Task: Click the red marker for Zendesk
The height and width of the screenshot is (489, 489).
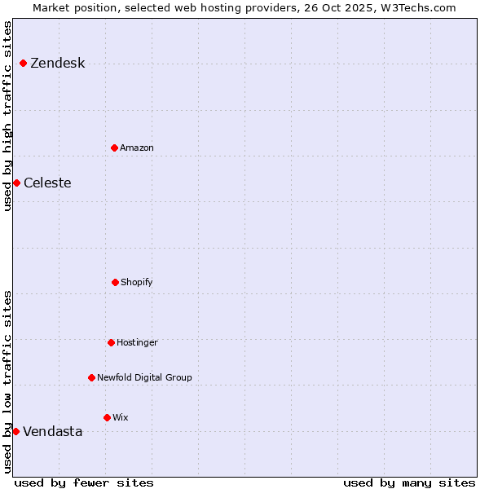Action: (23, 64)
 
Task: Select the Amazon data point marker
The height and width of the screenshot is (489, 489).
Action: (114, 148)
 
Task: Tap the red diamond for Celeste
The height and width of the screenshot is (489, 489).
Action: (16, 183)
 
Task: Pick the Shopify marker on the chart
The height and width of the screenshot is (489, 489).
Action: (115, 282)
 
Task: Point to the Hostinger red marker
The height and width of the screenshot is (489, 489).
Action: (111, 342)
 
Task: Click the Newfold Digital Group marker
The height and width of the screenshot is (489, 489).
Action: (91, 377)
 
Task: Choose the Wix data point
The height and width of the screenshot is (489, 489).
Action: (107, 417)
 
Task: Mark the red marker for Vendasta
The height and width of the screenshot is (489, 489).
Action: (15, 431)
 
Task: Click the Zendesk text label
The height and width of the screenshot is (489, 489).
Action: (57, 64)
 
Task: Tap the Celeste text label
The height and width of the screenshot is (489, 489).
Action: (47, 183)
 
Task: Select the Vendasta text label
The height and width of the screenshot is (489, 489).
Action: (52, 431)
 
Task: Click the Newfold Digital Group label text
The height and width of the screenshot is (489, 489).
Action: (144, 377)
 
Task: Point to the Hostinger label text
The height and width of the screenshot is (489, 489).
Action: (137, 342)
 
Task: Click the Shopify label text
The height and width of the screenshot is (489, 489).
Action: (136, 282)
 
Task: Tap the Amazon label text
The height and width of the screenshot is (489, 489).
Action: (136, 148)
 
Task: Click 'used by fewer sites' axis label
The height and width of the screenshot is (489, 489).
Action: (84, 482)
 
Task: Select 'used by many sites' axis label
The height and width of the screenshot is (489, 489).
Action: (409, 482)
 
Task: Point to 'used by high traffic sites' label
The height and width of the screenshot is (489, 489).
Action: (7, 116)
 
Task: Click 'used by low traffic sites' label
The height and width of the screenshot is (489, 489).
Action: (7, 381)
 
